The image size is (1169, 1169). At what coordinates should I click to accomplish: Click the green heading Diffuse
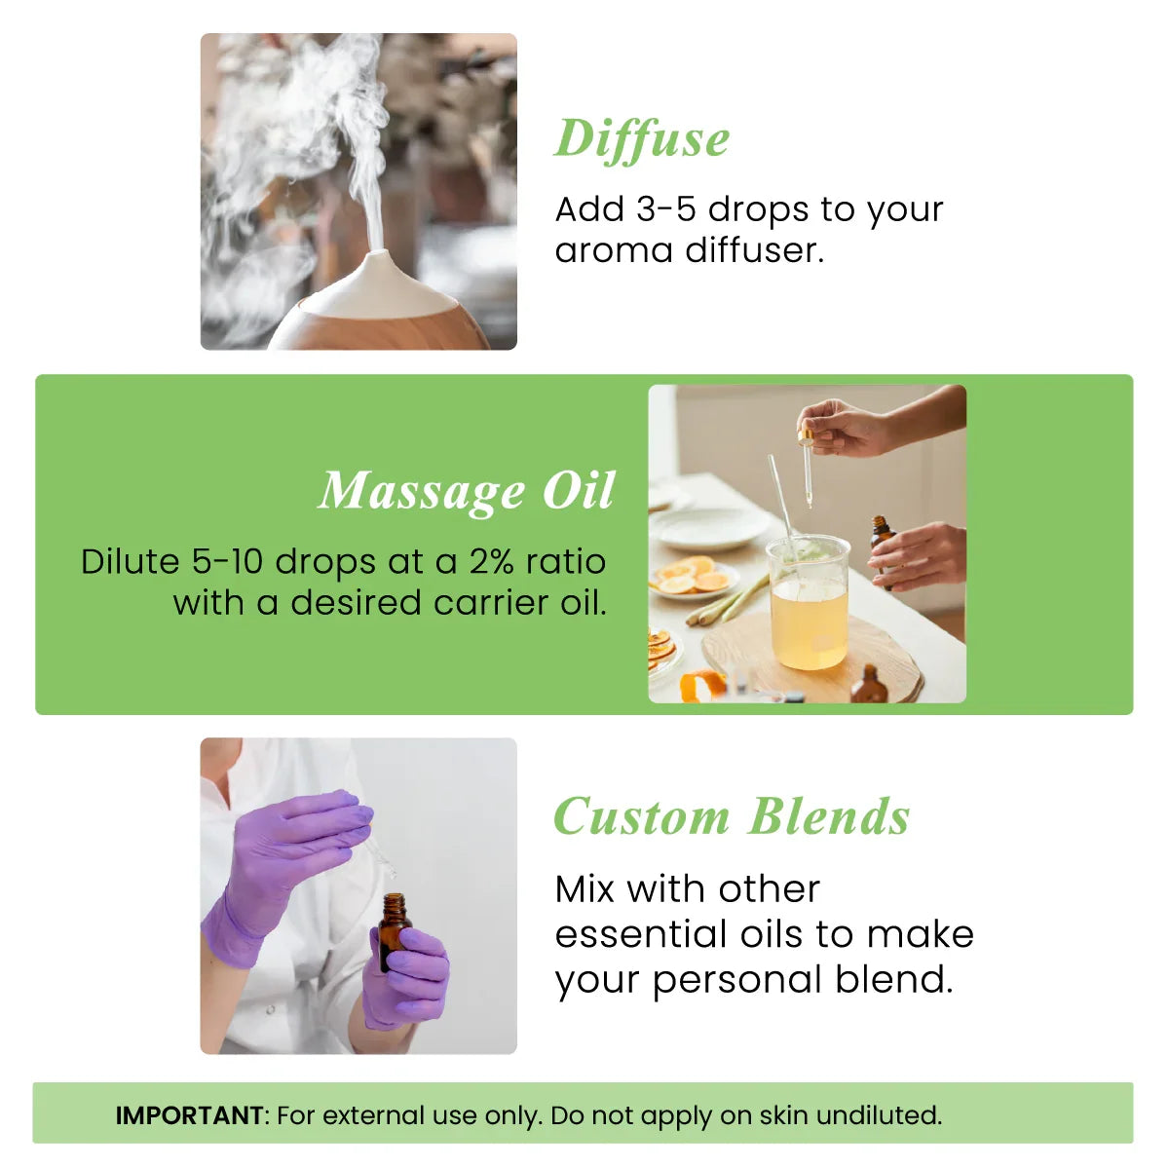tap(642, 138)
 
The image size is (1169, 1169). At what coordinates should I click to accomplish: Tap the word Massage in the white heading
tap(422, 491)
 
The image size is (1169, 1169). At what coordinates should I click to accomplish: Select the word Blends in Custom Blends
tap(830, 817)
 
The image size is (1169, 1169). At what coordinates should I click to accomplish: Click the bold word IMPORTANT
tap(189, 1115)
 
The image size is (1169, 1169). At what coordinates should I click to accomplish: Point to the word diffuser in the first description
tap(754, 250)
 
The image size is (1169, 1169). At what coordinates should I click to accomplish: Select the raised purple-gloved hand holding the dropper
tap(292, 838)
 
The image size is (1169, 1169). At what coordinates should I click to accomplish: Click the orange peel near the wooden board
tap(703, 685)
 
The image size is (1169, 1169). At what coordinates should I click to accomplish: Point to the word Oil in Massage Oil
tap(579, 491)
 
